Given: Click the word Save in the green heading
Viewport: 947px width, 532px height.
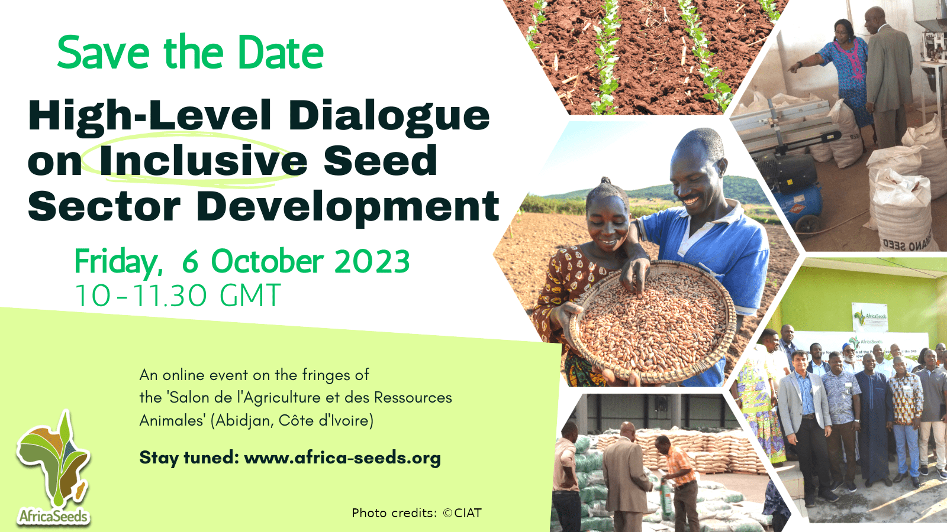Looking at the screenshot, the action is click(104, 53).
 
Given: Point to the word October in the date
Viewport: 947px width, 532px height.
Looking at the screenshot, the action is click(267, 261).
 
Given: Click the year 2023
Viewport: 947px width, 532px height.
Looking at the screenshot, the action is click(372, 261).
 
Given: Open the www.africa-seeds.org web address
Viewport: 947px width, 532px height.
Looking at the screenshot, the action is click(343, 458).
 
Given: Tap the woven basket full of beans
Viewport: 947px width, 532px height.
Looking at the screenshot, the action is click(653, 322).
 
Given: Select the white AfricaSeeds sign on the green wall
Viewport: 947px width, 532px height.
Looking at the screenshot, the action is click(869, 317).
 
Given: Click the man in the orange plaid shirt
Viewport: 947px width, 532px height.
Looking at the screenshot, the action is click(678, 481).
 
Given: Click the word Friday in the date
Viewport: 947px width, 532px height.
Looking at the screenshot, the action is click(118, 262).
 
